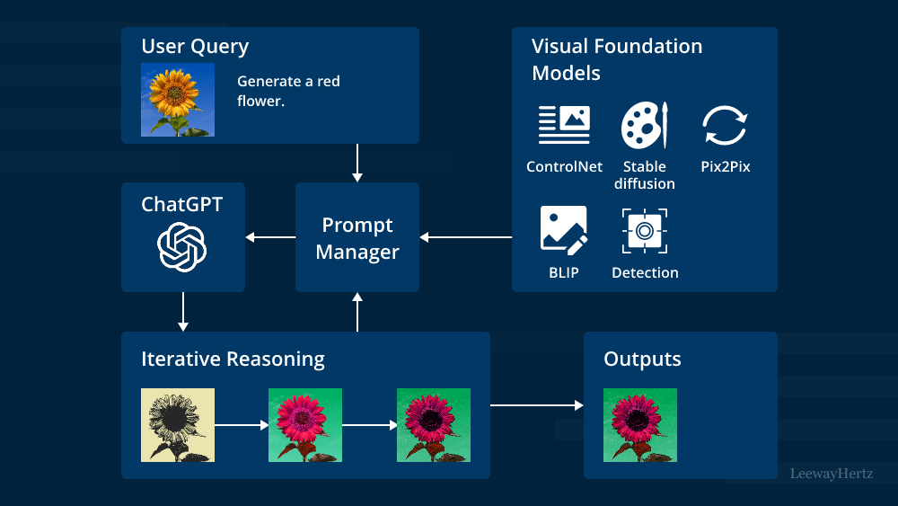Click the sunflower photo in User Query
tap(178, 99)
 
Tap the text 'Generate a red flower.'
tap(288, 91)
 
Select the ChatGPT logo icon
tap(182, 246)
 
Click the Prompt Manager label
tap(357, 238)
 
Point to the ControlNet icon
tap(564, 125)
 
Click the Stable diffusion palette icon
tap(645, 125)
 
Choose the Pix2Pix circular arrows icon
tap(725, 125)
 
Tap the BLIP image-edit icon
tap(564, 230)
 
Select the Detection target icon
tap(645, 231)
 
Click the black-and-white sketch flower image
tap(178, 425)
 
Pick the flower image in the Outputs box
tap(640, 425)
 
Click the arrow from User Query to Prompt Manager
tap(357, 163)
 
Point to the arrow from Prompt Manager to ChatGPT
tap(270, 237)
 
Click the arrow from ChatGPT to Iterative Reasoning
tap(182, 311)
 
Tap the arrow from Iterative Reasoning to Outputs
tap(536, 405)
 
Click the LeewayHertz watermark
tap(831, 473)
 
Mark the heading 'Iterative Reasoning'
tap(233, 360)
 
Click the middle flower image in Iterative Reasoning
tap(305, 425)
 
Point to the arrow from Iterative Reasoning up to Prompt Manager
tap(357, 312)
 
